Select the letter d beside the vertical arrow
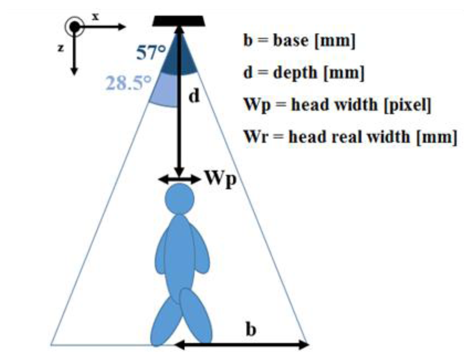pyautogui.click(x=195, y=96)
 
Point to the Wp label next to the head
pyautogui.click(x=219, y=179)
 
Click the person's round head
pyautogui.click(x=179, y=199)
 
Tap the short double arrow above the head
pyautogui.click(x=179, y=179)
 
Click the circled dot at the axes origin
pyautogui.click(x=75, y=27)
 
